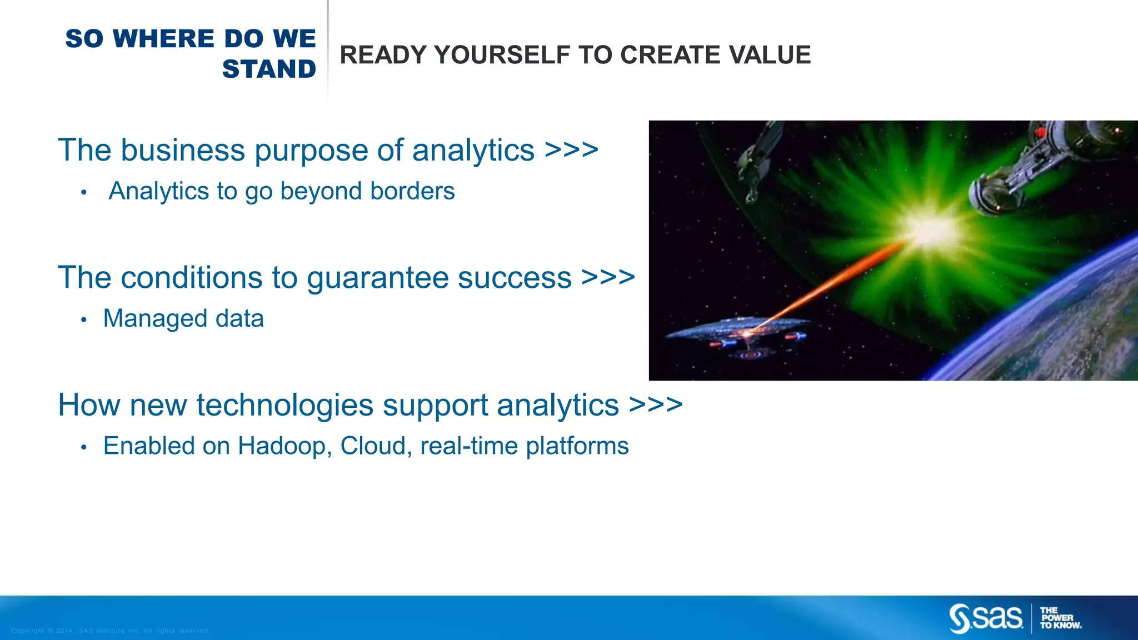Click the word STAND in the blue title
point(269,69)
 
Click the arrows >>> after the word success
point(608,277)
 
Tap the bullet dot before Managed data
point(84,320)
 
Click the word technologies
point(284,405)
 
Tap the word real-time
point(469,446)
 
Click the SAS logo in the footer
point(986,618)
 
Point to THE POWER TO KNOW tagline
point(1060,618)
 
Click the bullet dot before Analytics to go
point(84,193)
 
